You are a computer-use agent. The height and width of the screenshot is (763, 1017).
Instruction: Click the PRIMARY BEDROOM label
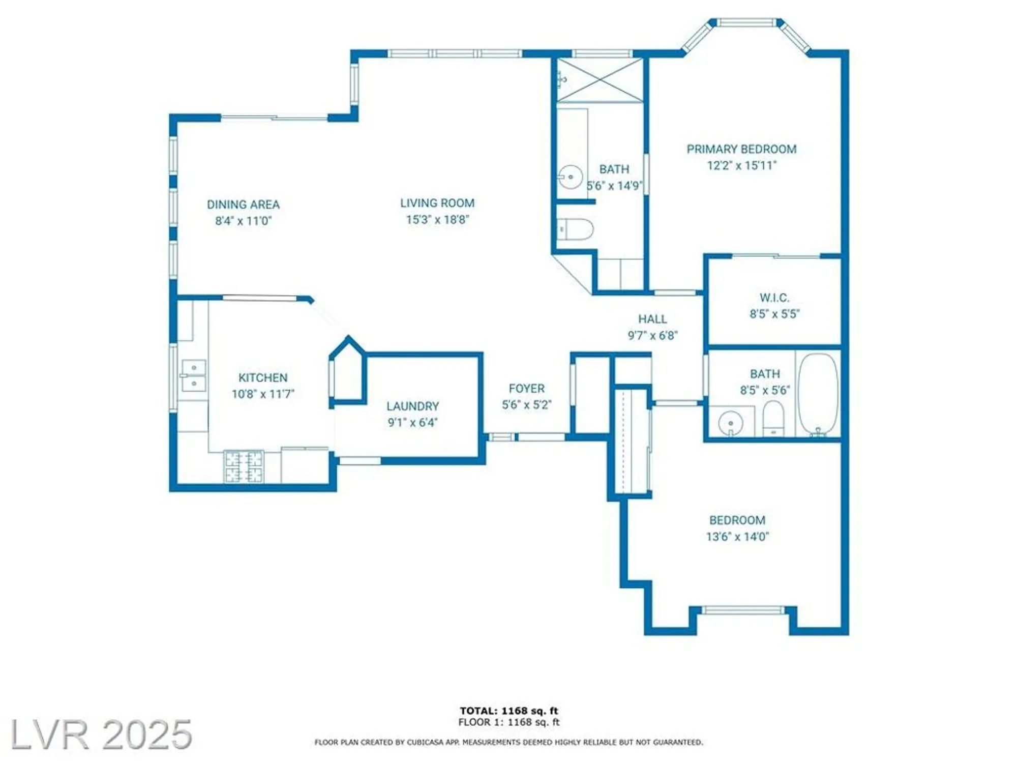741,149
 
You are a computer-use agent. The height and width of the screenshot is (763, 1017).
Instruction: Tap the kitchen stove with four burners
244,466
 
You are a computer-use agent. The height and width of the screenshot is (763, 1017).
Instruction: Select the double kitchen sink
194,375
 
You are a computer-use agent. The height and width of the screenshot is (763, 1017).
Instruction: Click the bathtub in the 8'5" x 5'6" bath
818,394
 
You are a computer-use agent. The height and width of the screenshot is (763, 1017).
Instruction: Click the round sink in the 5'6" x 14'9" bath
570,177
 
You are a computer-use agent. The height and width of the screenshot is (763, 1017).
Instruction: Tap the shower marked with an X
600,80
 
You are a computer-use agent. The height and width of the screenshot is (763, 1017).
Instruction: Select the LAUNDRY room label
412,406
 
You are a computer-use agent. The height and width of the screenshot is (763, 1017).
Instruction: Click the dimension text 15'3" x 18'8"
437,220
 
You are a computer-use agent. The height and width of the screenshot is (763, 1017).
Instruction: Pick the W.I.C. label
774,298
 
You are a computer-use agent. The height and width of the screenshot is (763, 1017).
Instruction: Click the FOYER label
526,389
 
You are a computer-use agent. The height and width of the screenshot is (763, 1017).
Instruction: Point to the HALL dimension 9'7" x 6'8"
652,335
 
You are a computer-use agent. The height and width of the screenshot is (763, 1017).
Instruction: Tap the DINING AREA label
243,204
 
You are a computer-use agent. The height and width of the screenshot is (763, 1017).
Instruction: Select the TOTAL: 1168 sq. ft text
508,711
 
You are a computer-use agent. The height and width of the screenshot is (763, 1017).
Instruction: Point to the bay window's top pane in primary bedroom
745,22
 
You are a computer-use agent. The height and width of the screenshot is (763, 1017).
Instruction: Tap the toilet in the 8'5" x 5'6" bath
773,418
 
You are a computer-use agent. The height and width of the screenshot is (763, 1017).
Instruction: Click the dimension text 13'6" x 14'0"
737,536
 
